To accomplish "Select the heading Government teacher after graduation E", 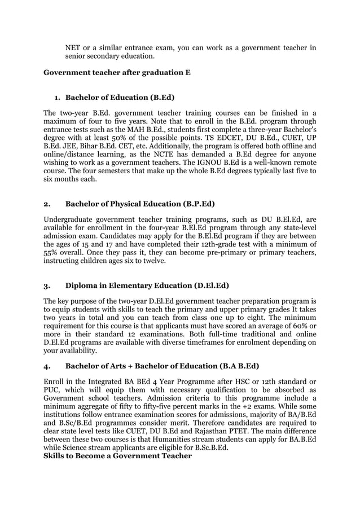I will tap(117, 73).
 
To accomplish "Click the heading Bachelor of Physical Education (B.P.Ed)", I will tap(140, 203).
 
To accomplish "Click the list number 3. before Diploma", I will tap(47, 285).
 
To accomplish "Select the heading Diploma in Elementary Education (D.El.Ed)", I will tap(147, 285).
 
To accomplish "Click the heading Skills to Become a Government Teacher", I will tap(118, 455).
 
